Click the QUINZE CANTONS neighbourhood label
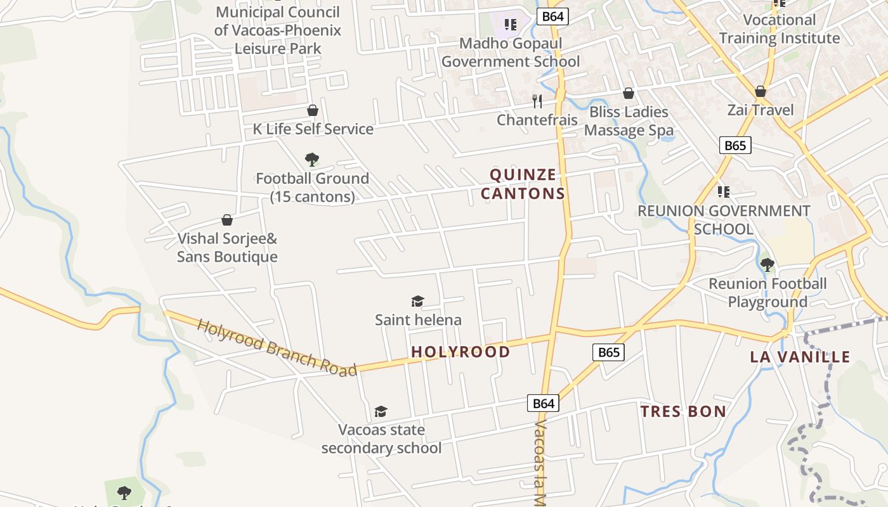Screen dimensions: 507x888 point(523,184)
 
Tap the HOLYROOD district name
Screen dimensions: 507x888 point(460,352)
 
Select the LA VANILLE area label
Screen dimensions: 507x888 point(800,357)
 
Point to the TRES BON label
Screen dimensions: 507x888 point(683,411)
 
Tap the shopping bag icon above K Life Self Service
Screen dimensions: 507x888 point(312,110)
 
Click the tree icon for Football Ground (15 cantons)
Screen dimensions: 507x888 point(311,159)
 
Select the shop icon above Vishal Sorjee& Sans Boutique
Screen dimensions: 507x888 point(227,220)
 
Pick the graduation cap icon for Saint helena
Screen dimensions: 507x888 point(417,301)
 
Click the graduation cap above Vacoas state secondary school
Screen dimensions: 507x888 point(381,411)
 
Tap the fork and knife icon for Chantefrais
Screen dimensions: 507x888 point(537,101)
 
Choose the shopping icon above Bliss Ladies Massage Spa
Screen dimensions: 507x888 point(629,93)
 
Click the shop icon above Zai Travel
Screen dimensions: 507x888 point(760,91)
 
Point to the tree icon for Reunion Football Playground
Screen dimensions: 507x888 point(767,264)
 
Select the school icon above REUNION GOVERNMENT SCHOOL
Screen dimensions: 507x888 point(723,191)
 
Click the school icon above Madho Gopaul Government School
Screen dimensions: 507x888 point(510,25)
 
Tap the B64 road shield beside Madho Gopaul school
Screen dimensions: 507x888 point(552,16)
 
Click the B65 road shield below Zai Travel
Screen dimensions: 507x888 point(735,145)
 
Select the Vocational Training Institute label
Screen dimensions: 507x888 point(779,29)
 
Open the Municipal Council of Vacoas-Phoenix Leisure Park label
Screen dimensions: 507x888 point(278,30)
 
